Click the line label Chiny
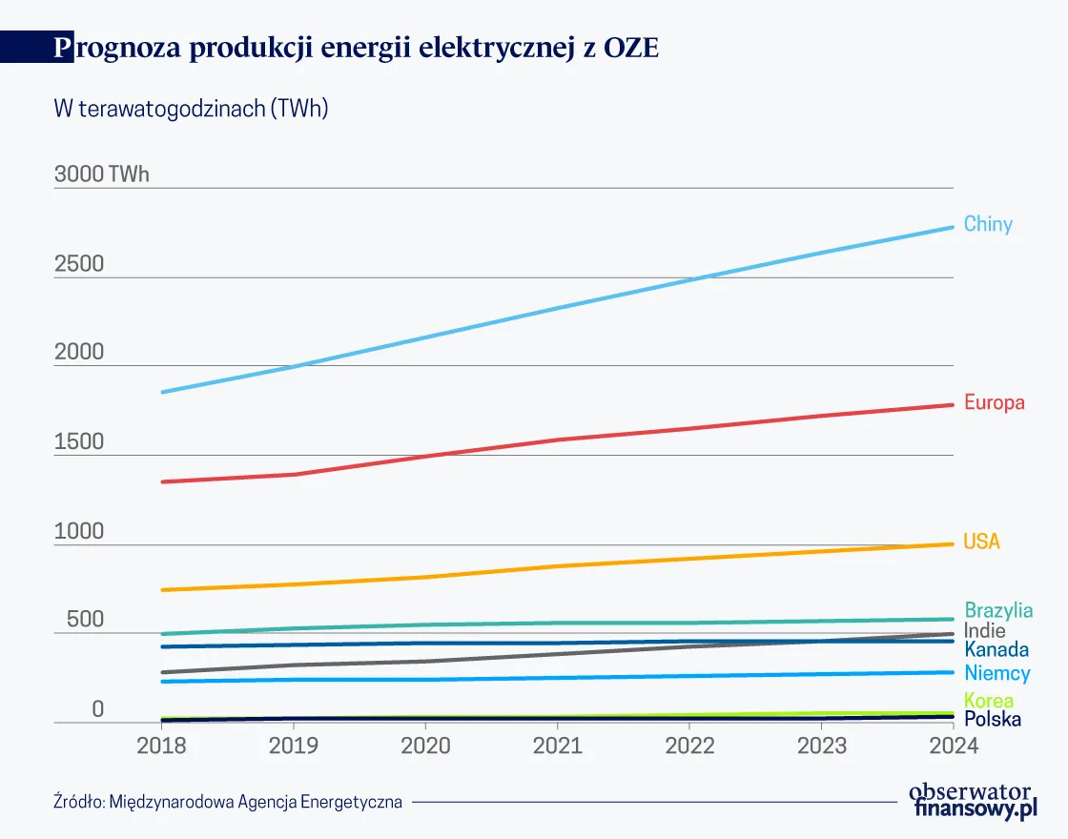click(988, 225)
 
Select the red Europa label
click(994, 402)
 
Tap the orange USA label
click(981, 542)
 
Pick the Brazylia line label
click(998, 610)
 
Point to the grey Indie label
click(984, 631)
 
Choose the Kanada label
click(996, 650)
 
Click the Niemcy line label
click(996, 674)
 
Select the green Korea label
click(989, 701)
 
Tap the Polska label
click(992, 719)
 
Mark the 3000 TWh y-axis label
click(102, 175)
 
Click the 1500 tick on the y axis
click(79, 442)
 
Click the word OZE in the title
click(631, 49)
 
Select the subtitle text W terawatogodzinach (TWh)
click(191, 109)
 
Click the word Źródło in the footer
click(79, 802)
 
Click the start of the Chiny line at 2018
click(162, 392)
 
